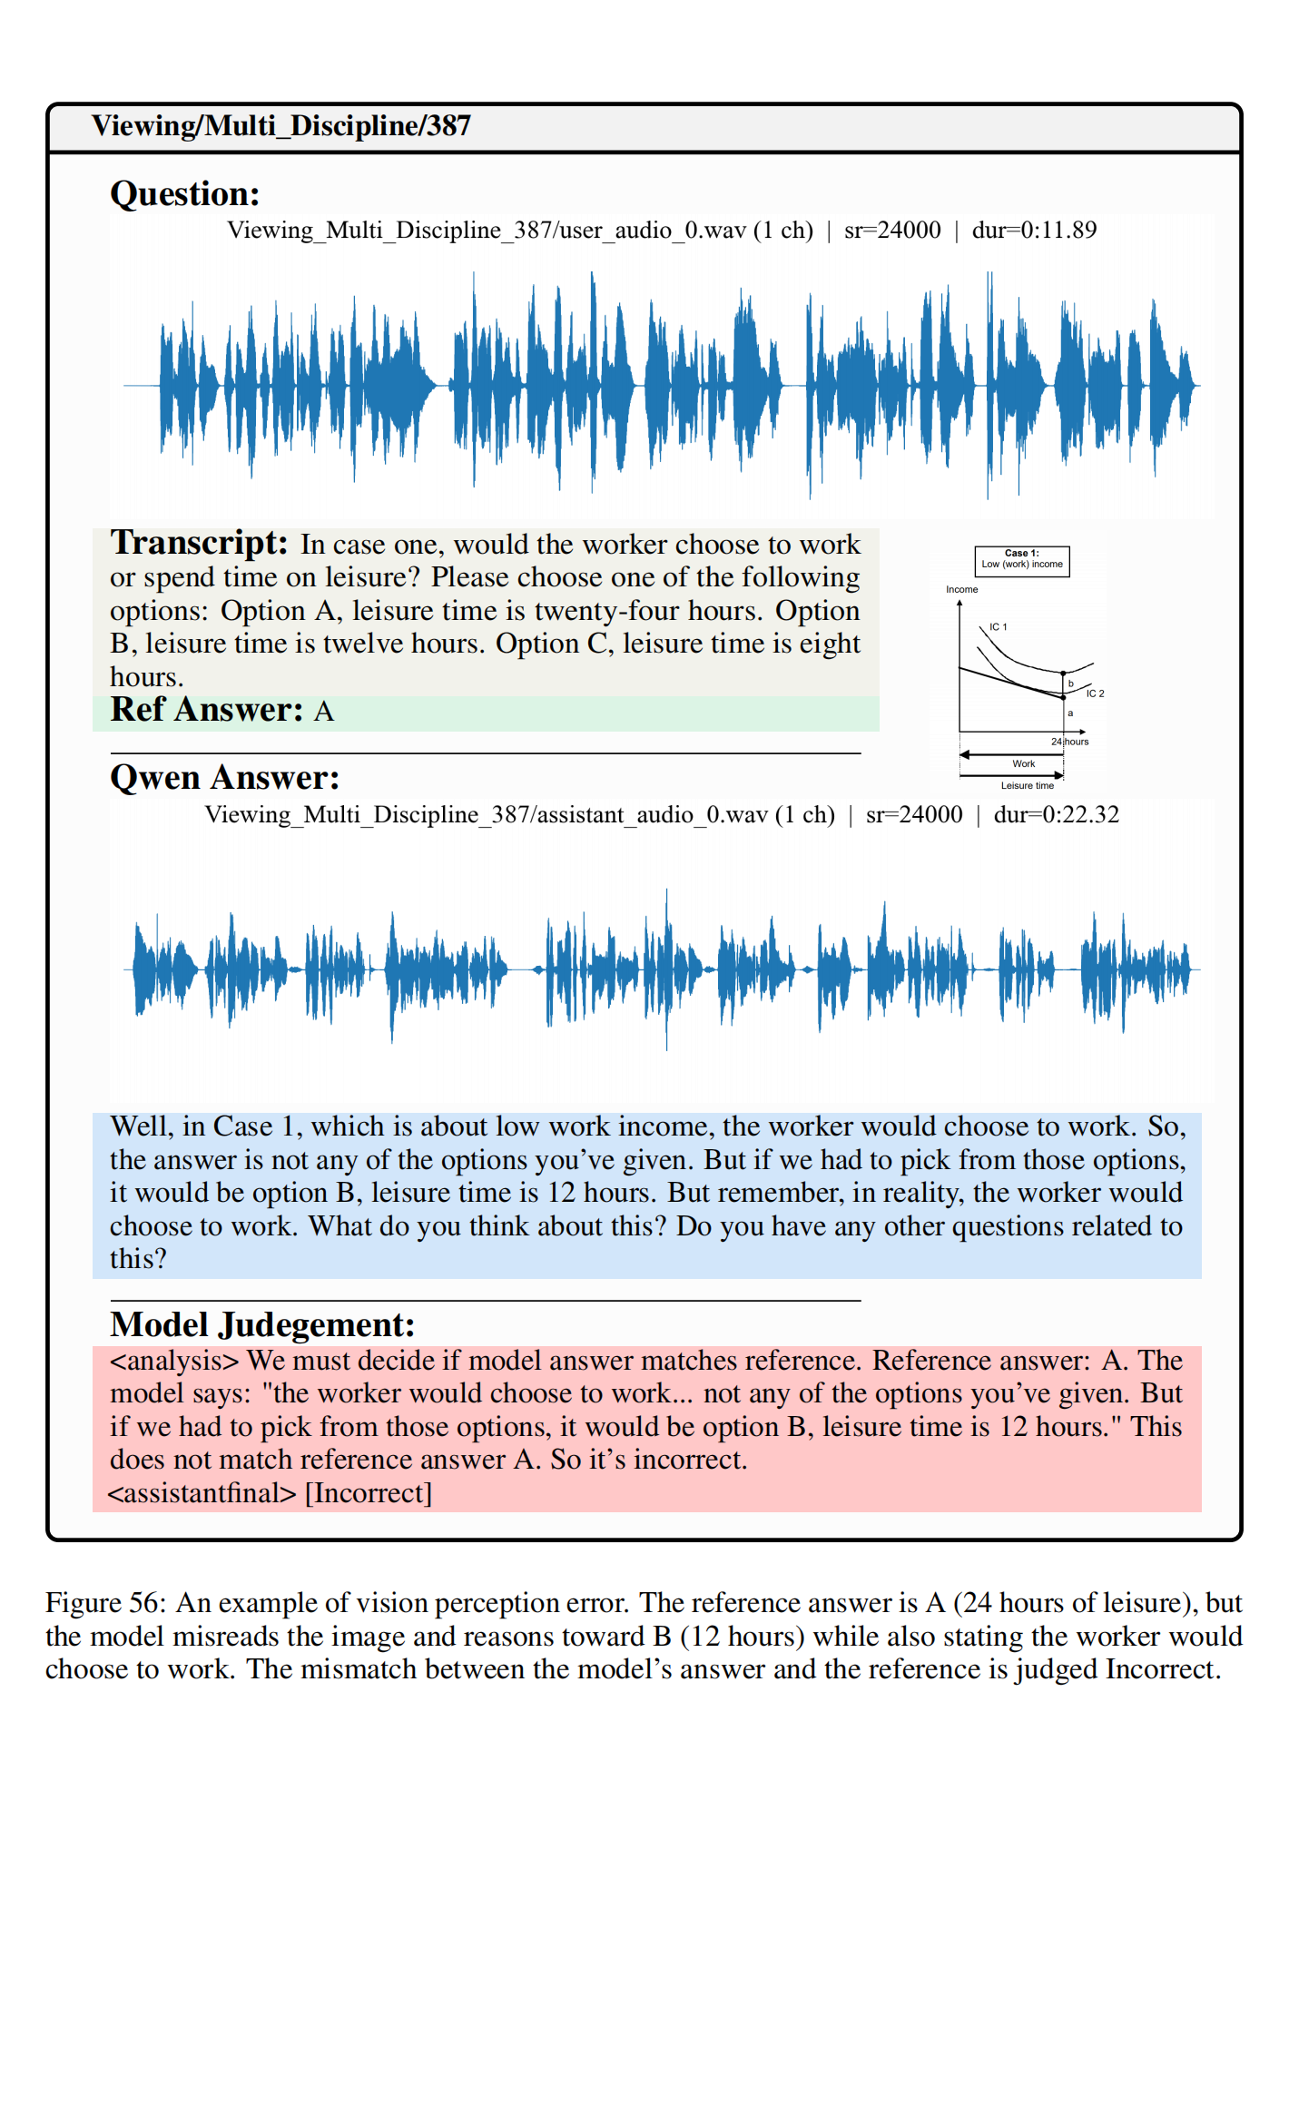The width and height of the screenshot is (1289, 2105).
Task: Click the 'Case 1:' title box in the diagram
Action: coord(1021,560)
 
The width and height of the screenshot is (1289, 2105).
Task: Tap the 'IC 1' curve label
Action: coord(998,627)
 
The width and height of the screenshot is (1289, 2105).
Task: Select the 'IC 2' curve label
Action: coord(1095,693)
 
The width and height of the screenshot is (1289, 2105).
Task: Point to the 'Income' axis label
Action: coord(961,590)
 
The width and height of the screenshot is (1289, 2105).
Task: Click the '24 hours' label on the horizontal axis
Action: coord(1069,742)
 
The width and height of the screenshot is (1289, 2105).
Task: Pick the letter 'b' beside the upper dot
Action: coord(1071,684)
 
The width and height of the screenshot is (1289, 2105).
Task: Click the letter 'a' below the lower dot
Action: coord(1070,713)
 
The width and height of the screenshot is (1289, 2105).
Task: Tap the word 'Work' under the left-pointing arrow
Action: coord(1023,764)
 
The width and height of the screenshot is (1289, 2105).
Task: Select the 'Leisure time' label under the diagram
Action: coord(1027,786)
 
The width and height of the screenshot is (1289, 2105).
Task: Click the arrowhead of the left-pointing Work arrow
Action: coord(964,754)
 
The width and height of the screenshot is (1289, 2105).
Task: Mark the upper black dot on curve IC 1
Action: coord(1063,674)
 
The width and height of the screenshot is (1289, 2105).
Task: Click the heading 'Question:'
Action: coord(184,194)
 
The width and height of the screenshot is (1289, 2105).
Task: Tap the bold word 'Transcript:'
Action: coord(199,543)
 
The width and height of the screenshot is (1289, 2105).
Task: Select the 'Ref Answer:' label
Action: coord(206,710)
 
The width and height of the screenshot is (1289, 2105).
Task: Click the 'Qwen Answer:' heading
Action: coord(224,778)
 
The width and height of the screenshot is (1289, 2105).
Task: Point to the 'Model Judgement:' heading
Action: coord(261,1325)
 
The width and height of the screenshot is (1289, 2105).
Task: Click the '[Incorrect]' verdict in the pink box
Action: coord(368,1493)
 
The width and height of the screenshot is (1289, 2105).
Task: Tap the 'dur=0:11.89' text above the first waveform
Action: coord(1034,231)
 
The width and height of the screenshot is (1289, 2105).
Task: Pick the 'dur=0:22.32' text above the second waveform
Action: coord(1056,815)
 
